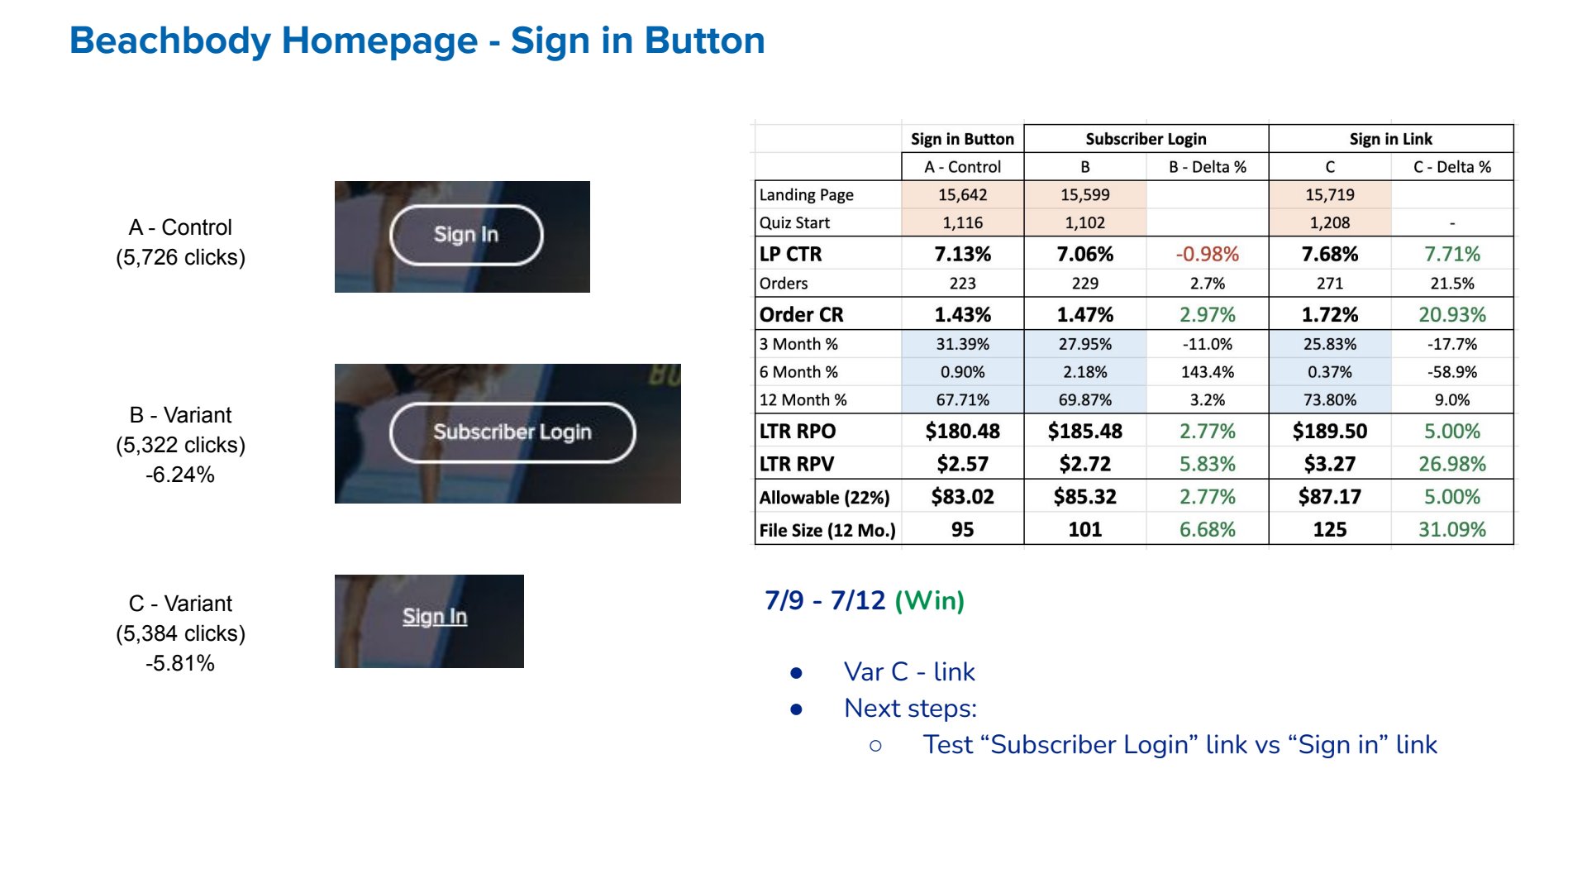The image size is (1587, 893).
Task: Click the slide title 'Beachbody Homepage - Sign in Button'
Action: pyautogui.click(x=417, y=41)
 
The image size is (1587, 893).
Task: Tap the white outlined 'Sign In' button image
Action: pyautogui.click(x=466, y=235)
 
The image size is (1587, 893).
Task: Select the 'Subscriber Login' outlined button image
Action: pyautogui.click(x=512, y=432)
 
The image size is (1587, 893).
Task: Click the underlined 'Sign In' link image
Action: pyautogui.click(x=435, y=617)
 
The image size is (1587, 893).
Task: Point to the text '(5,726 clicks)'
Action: pyautogui.click(x=180, y=257)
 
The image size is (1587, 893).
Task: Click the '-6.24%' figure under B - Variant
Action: pyautogui.click(x=180, y=475)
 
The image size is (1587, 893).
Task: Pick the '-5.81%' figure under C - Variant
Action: pyautogui.click(x=180, y=663)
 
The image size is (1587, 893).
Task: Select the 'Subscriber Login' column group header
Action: pyautogui.click(x=1146, y=139)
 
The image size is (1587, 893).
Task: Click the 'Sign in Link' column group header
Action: pyautogui.click(x=1390, y=139)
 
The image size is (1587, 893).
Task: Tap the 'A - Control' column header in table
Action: pyautogui.click(x=962, y=167)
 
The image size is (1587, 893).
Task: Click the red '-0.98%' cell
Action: pyautogui.click(x=1207, y=254)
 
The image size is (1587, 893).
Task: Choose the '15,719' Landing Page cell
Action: pyautogui.click(x=1329, y=194)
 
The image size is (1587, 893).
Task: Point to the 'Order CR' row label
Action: pyautogui.click(x=801, y=315)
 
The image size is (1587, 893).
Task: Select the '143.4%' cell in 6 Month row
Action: pyautogui.click(x=1207, y=372)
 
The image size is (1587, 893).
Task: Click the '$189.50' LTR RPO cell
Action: pyautogui.click(x=1329, y=431)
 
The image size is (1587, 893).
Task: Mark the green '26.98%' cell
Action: pyautogui.click(x=1451, y=464)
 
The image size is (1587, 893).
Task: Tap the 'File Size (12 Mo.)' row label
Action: pyautogui.click(x=827, y=530)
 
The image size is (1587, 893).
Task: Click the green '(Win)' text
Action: pyautogui.click(x=930, y=600)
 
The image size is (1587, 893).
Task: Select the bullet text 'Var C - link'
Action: pyautogui.click(x=909, y=671)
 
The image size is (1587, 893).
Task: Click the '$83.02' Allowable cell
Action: pyautogui.click(x=962, y=497)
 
